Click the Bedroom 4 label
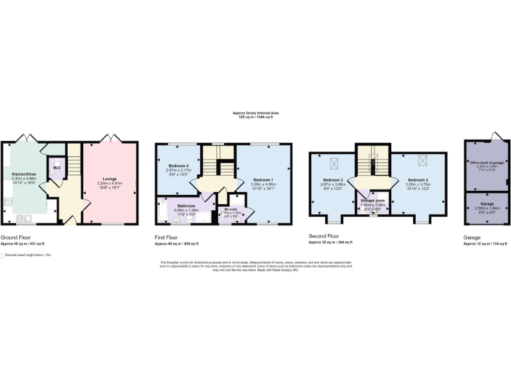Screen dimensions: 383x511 click(x=177, y=165)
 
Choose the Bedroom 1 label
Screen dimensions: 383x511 click(x=264, y=180)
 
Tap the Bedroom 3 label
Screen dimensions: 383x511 click(x=333, y=180)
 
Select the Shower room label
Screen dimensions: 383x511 click(x=372, y=200)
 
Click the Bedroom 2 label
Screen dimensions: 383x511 click(x=418, y=180)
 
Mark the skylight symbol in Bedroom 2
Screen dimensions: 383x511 click(x=422, y=160)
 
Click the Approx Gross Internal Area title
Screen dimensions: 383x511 click(x=255, y=114)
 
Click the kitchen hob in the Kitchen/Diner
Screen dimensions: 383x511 click(x=8, y=200)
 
